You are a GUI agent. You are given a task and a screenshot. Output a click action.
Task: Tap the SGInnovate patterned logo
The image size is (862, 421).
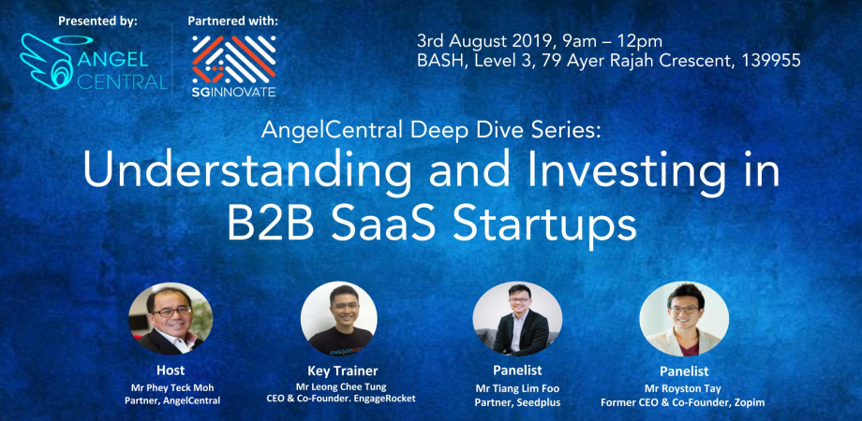[x=233, y=58]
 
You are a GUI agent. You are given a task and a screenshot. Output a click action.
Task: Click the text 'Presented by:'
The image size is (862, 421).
[x=97, y=20]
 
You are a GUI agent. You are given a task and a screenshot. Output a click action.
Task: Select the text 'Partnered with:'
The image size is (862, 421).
[x=233, y=20]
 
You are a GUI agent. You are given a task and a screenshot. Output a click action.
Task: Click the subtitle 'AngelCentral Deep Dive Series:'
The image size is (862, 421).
[x=421, y=132]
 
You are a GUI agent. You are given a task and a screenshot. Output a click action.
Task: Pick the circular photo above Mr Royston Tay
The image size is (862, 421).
[x=684, y=318]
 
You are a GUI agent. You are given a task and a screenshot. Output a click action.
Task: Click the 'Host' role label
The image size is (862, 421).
[x=170, y=369]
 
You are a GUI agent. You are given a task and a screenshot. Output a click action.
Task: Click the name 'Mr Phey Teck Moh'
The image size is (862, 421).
[x=170, y=385]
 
